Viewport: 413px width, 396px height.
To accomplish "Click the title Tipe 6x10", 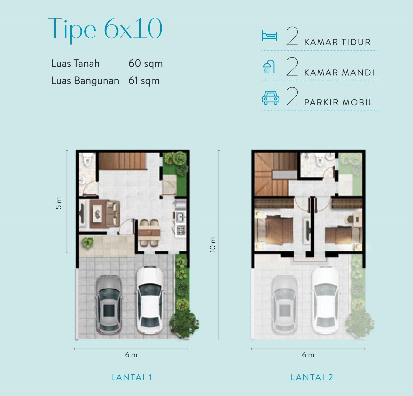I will click(105, 29).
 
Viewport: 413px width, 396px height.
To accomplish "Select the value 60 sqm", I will click(145, 64).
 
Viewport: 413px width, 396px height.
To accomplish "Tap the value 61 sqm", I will click(144, 81).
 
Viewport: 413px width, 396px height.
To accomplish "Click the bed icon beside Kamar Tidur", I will click(269, 36).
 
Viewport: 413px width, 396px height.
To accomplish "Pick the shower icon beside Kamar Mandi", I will click(269, 67).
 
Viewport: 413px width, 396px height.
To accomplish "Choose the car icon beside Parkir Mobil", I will click(270, 98).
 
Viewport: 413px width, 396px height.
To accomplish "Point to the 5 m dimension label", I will click(59, 203).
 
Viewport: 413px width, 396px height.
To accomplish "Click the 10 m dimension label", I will click(212, 245).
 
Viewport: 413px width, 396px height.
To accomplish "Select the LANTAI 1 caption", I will click(131, 377).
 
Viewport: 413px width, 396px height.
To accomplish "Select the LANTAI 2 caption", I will click(312, 377).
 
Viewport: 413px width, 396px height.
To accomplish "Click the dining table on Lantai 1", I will click(149, 233).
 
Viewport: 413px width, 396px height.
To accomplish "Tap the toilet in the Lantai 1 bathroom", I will click(87, 159).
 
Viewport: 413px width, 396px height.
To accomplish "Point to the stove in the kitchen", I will click(181, 230).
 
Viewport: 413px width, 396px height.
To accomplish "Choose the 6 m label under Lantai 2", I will click(308, 355).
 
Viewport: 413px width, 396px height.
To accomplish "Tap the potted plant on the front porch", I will click(88, 243).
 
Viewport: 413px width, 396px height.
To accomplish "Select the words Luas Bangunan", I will click(85, 81).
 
